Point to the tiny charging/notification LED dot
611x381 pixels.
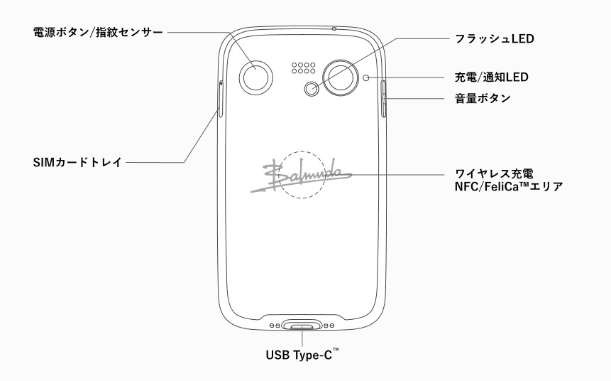[366, 77]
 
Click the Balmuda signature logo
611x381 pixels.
[302, 174]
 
